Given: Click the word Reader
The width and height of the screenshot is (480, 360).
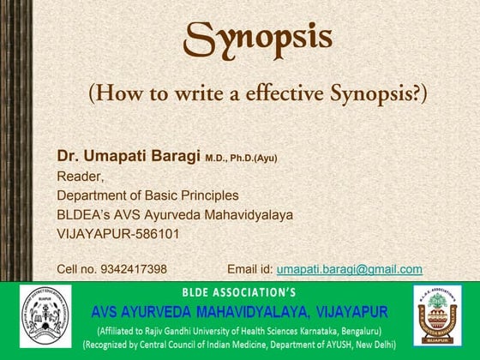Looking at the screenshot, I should (80, 177).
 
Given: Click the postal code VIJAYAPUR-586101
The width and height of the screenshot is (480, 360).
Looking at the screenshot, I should (117, 233).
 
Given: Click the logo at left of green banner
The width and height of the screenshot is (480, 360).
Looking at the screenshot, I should (45, 317).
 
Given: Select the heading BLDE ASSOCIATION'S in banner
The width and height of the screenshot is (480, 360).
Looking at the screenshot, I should (239, 291).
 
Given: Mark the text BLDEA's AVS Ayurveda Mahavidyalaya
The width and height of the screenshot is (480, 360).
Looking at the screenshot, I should (175, 214).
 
